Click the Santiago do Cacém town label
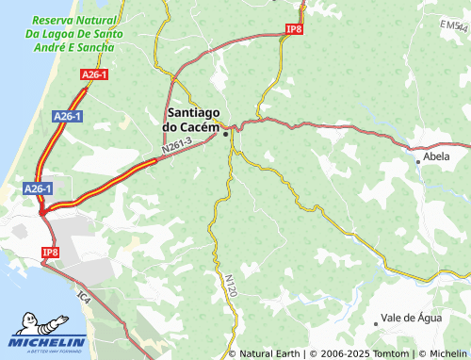(x=192, y=119)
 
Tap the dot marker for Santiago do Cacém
(x=225, y=134)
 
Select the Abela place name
(x=437, y=156)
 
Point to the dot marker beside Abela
(x=418, y=161)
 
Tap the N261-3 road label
(x=176, y=145)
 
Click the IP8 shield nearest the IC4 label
(x=50, y=253)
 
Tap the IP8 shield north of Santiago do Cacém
(x=294, y=30)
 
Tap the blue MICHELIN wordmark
(x=48, y=342)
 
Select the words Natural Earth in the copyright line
(x=270, y=353)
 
